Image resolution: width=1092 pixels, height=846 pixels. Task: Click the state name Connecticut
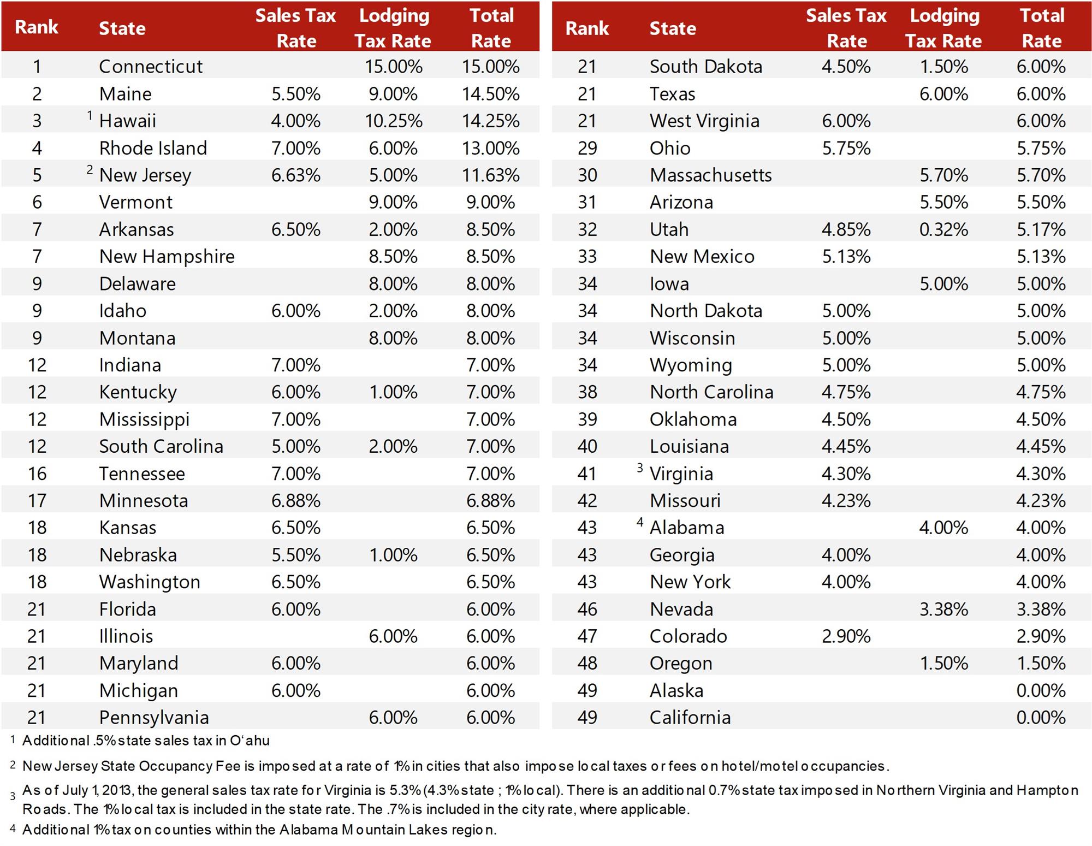coord(151,67)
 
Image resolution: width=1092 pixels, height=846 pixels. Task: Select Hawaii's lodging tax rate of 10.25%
coord(393,121)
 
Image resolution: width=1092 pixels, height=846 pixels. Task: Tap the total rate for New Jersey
coord(490,175)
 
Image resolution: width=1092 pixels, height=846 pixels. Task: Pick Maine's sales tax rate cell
coord(295,94)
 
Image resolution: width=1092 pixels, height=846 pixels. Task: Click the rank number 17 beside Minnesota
coord(37,501)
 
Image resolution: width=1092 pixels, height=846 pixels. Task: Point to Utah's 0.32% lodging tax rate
coord(943,229)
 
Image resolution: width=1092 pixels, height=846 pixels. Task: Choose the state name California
coord(690,718)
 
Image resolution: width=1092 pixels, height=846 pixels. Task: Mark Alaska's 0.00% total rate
coord(1041,690)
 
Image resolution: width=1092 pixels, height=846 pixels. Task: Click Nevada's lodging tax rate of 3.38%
coord(943,609)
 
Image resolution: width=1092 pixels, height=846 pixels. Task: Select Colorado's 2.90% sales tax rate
coord(846,636)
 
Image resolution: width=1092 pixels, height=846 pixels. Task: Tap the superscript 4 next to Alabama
coord(640,522)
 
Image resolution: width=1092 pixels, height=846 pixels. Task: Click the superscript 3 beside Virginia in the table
coord(640,468)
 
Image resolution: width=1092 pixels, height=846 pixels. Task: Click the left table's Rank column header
coord(37,27)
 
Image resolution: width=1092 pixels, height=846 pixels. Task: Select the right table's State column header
coord(673,28)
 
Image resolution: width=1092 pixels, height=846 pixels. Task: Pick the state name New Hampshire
coord(167,257)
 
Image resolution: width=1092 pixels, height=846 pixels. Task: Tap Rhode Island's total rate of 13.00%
coord(490,148)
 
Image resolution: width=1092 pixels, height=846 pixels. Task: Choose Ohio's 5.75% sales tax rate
coord(846,148)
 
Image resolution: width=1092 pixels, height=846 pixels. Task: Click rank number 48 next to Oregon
coord(587,663)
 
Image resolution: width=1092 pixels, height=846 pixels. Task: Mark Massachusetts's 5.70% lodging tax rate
coord(943,175)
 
